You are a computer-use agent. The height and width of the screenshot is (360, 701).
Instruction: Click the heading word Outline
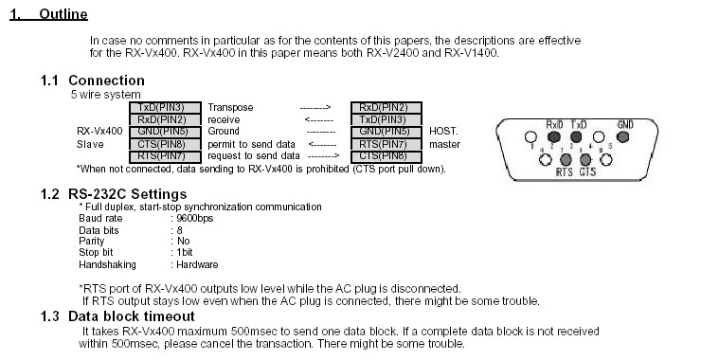(x=63, y=14)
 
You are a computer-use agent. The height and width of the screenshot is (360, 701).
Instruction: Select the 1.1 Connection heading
(x=93, y=81)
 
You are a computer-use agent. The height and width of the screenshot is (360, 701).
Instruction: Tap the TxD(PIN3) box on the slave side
(x=165, y=107)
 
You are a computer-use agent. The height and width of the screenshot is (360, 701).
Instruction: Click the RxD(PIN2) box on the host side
(x=386, y=107)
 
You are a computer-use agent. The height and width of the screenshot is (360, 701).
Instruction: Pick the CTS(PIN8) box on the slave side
(x=165, y=144)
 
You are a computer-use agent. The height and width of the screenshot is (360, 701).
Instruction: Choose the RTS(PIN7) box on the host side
(x=386, y=144)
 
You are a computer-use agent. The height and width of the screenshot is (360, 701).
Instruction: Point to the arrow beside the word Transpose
(x=315, y=107)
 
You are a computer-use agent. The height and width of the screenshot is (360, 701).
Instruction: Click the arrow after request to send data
(x=323, y=156)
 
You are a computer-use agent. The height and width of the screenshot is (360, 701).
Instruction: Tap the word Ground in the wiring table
(x=224, y=131)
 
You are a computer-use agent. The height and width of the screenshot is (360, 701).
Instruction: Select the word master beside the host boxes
(x=444, y=144)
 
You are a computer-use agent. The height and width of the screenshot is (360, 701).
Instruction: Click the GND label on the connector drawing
(x=625, y=125)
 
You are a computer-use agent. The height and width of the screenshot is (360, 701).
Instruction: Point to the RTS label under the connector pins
(x=565, y=171)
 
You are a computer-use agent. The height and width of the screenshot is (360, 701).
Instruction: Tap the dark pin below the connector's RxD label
(x=554, y=136)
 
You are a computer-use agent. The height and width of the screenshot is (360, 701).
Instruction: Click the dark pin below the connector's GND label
(x=622, y=136)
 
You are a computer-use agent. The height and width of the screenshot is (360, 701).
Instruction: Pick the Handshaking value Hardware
(x=197, y=264)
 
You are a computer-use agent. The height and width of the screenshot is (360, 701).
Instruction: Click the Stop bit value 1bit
(x=185, y=252)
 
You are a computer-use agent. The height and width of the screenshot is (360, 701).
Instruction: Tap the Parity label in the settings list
(x=92, y=241)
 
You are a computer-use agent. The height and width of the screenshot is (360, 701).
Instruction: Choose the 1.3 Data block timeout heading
(x=117, y=316)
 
